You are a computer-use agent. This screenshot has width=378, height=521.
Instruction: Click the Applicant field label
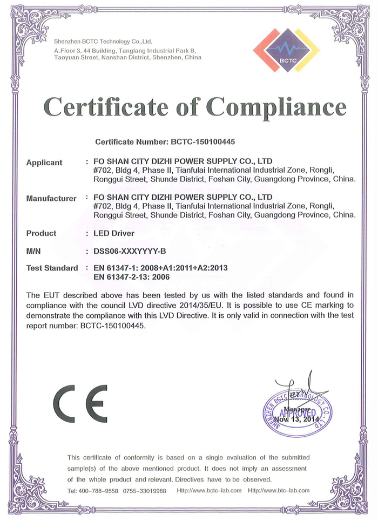(x=44, y=162)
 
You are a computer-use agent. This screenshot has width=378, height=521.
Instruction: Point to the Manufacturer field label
(x=51, y=198)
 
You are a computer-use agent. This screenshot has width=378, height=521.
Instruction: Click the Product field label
(x=41, y=233)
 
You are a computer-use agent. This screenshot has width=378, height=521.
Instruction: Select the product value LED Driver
(x=113, y=233)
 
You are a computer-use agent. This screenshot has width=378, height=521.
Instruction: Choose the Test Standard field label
(x=52, y=268)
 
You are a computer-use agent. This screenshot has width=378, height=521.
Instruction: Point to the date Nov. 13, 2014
(x=296, y=419)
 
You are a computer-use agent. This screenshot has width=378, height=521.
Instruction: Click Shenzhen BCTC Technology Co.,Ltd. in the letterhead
(x=103, y=41)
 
